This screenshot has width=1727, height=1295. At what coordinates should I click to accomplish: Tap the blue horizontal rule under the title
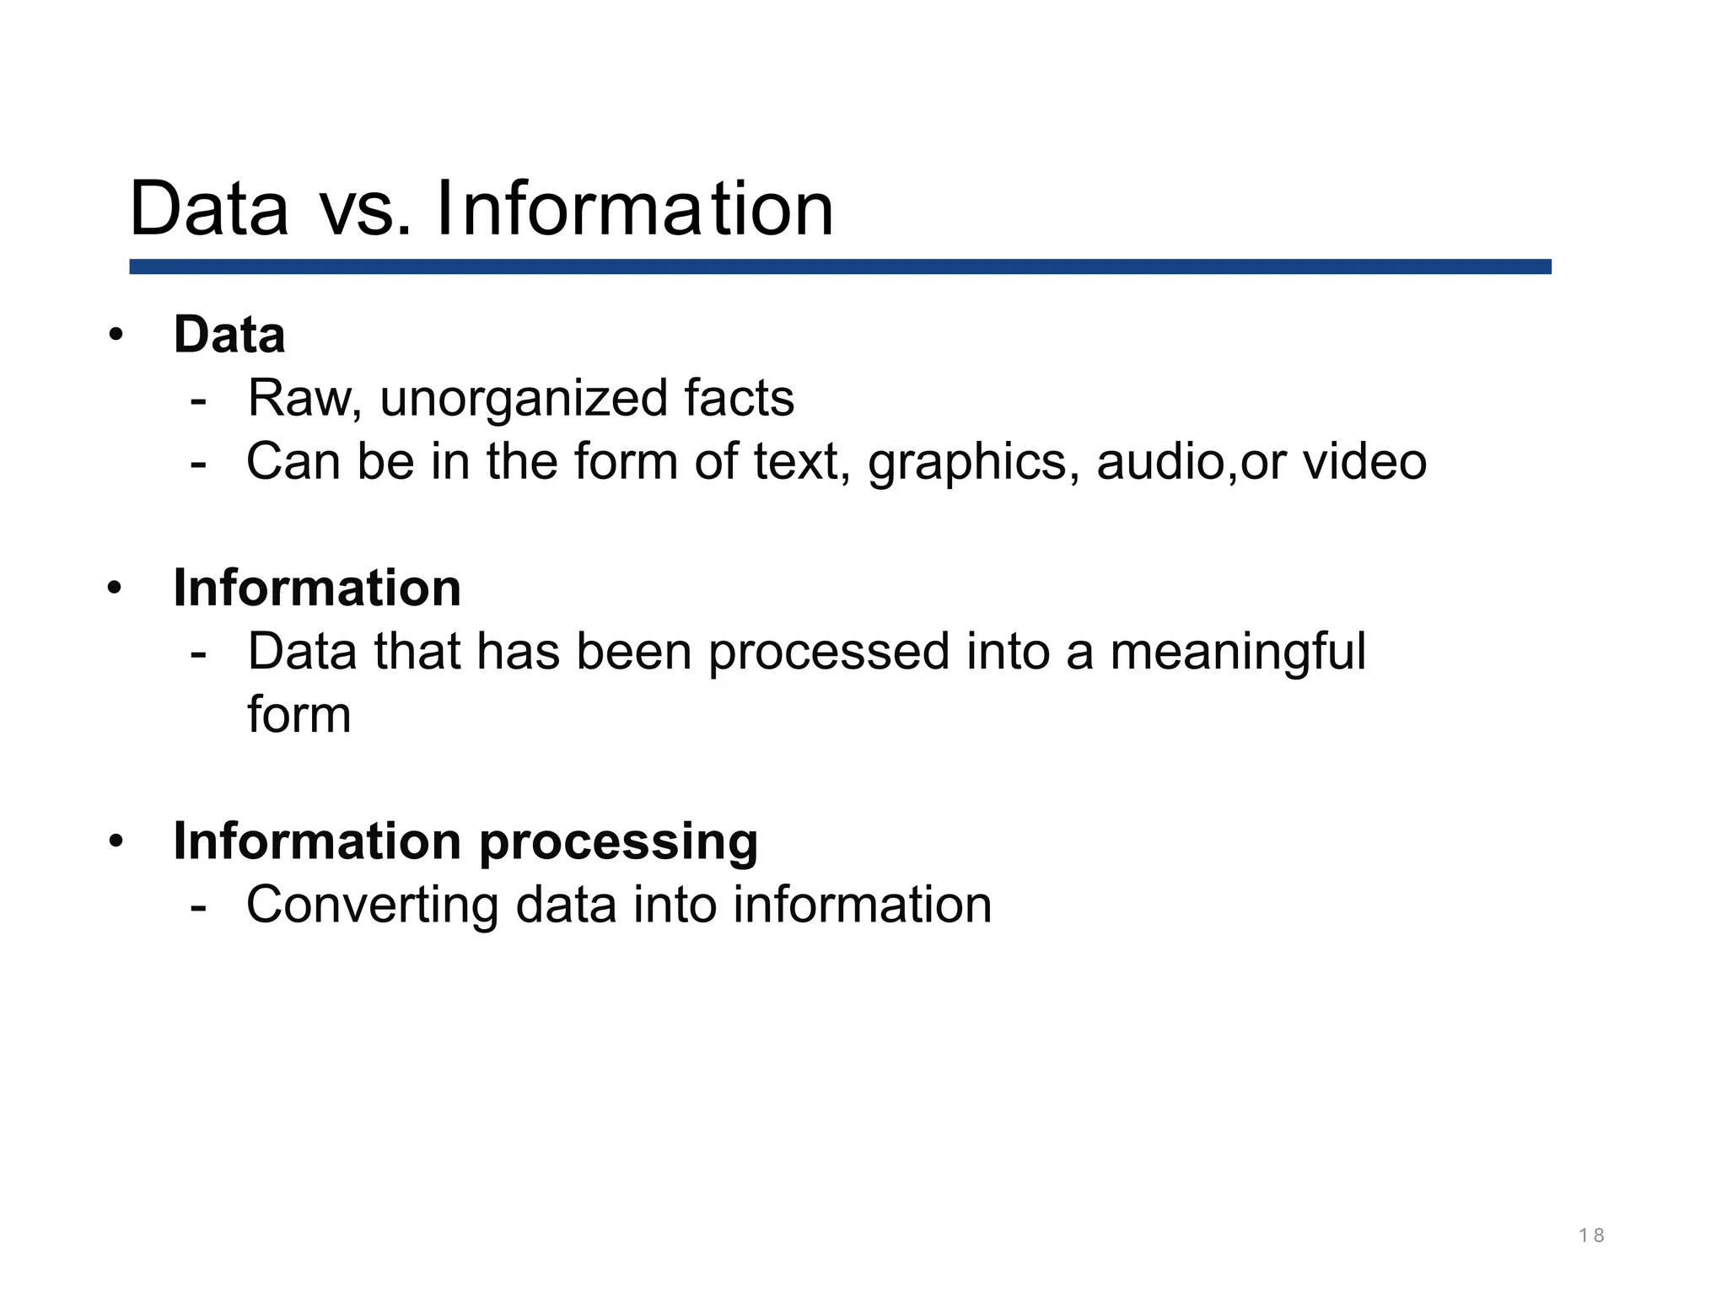[840, 266]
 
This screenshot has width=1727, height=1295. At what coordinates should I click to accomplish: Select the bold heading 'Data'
[229, 334]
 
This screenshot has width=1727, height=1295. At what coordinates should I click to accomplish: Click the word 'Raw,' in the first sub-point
[304, 398]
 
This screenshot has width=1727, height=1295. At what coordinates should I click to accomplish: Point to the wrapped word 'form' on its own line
[299, 715]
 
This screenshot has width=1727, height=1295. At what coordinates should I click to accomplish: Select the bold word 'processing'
[618, 841]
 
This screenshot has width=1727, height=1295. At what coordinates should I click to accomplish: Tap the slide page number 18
[1591, 1236]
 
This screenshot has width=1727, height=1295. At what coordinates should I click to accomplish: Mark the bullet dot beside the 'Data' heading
[116, 335]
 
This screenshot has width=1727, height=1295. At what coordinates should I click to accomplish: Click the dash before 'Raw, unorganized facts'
[198, 399]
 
